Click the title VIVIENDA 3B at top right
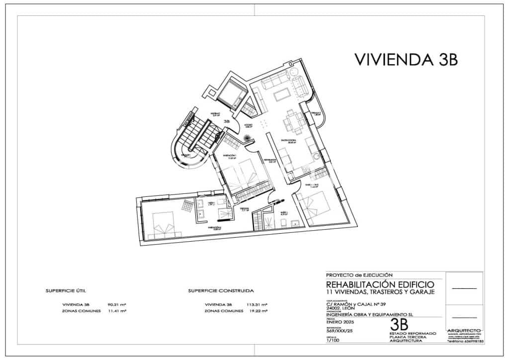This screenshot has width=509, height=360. pos(406,59)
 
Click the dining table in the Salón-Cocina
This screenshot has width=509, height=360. pos(293,122)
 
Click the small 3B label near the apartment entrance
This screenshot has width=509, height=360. pos(227,121)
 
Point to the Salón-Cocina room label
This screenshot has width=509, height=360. pos(288,141)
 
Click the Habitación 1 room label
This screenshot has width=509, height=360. pos(229,157)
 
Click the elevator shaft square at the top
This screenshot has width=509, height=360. pos(230,93)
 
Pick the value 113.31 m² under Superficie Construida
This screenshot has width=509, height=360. pos(257,304)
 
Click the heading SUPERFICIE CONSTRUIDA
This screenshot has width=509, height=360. pos(221,290)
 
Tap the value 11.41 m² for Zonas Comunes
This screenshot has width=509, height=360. pos(117,311)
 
